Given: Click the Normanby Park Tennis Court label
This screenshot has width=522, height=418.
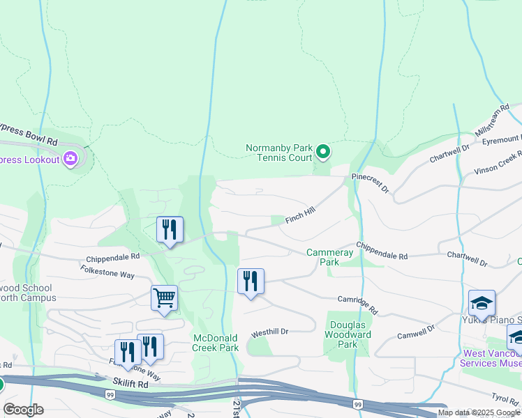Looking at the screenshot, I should tap(278, 152).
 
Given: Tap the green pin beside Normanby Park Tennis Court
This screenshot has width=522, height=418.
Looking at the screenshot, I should tap(322, 150).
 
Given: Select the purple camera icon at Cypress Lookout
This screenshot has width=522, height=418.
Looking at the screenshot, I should tap(70, 160).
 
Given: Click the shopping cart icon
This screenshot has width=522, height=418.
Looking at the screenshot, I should tap(164, 298).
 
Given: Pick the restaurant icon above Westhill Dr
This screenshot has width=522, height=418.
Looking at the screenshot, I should tap(251, 281).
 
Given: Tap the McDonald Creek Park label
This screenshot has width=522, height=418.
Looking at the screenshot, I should tap(216, 343).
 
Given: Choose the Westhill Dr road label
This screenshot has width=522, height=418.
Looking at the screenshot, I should tap(270, 332).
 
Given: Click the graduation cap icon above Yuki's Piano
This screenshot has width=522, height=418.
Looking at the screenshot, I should tap(482, 303).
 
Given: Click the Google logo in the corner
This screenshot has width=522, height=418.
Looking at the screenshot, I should tap(24, 410).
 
